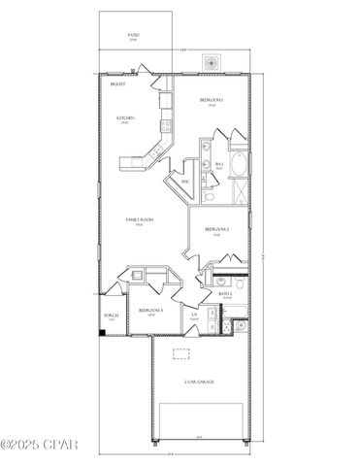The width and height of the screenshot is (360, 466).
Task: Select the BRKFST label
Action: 118,84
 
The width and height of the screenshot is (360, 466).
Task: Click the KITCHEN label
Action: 125,118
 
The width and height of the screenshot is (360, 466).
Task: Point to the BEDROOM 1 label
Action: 213,100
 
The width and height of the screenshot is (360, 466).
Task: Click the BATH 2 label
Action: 225,293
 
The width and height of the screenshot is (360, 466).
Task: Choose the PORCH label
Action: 111,316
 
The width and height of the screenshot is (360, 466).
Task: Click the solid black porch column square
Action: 104,334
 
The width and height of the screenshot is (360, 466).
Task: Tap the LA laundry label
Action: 196,315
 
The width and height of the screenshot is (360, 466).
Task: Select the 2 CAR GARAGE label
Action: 199,382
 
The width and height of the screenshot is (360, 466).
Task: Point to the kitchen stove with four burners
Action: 168,123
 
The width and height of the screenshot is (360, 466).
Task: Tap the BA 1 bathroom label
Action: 219,165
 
